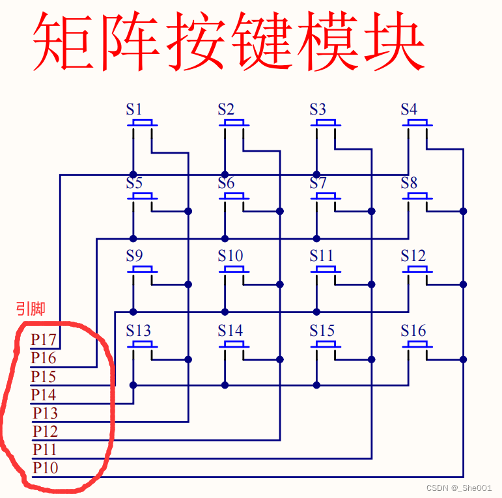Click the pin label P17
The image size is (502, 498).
tap(44, 340)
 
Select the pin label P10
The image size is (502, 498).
tap(46, 467)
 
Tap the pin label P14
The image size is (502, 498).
tap(44, 394)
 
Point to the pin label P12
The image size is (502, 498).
tap(46, 431)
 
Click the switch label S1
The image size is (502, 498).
tap(134, 109)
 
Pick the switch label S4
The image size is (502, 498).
tap(409, 109)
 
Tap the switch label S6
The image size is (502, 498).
tap(226, 183)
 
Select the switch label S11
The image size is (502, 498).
tap(322, 256)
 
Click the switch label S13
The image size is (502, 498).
tap(139, 331)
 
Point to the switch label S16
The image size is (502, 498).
tap(413, 331)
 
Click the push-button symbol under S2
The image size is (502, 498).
tap(234, 122)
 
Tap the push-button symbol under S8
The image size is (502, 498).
tap(417, 196)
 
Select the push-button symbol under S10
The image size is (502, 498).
tap(234, 270)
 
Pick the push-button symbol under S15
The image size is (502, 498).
tap(326, 344)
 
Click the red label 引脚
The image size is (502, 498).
tap(31, 309)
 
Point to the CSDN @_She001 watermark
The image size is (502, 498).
tap(458, 488)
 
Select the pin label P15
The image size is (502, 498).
tap(44, 376)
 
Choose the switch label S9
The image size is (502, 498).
tap(134, 256)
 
